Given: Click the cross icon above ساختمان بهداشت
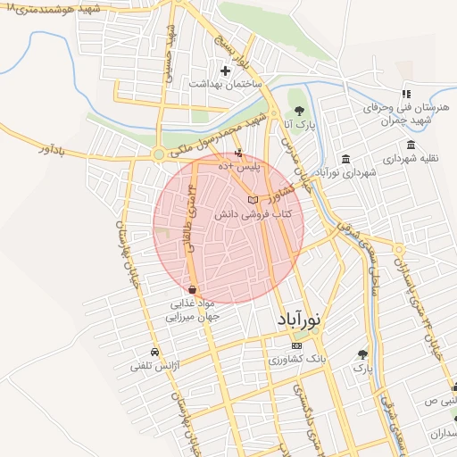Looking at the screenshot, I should point(226,70).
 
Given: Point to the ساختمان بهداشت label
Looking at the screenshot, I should point(224,83).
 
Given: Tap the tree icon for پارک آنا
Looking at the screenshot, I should point(298,111).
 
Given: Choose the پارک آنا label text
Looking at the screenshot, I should point(297,124).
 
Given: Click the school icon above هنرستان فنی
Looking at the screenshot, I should point(406,93).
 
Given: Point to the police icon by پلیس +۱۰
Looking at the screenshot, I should point(238,154).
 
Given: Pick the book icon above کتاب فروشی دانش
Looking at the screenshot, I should point(253,200).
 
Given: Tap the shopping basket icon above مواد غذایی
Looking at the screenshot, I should point(193,289).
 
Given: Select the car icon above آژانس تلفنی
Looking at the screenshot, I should point(155,352).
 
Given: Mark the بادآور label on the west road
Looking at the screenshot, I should point(54,149).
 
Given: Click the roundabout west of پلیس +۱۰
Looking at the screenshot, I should point(159,155).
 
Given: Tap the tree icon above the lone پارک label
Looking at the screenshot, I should point(361,353).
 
